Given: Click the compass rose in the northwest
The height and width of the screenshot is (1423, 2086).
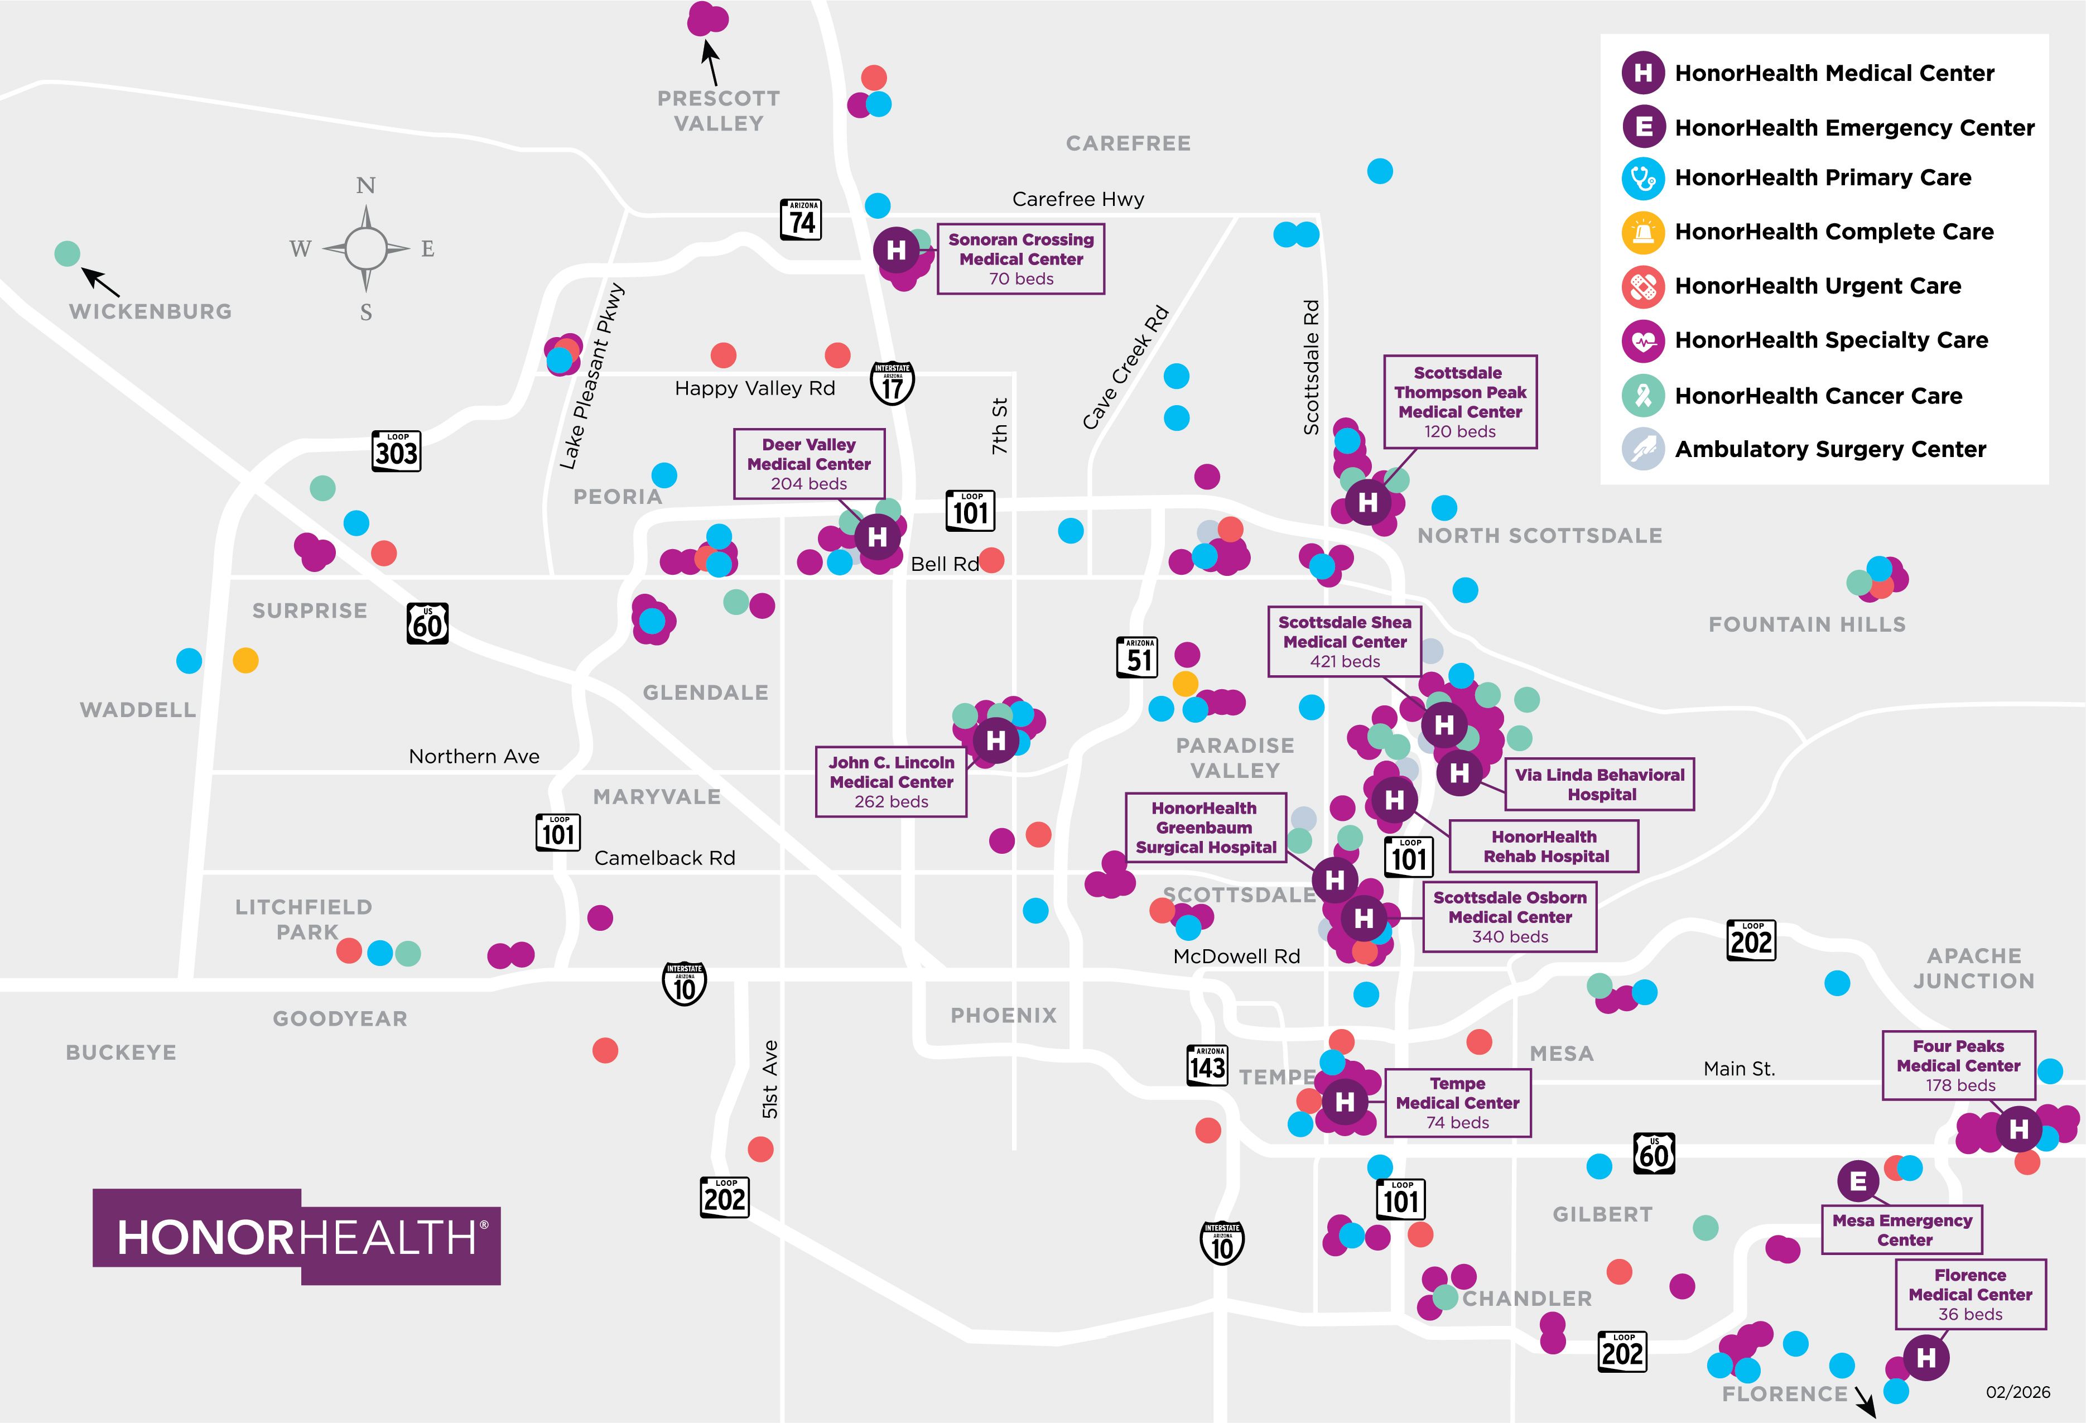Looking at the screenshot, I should point(365,248).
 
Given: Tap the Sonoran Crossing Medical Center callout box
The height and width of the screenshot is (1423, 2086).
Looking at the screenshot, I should point(1020,258).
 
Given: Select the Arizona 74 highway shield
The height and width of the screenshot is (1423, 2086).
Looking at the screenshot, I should point(802,220).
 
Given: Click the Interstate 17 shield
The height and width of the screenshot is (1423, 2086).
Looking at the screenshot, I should point(892,383).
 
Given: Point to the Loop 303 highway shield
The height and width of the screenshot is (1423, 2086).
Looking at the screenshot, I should point(396,451).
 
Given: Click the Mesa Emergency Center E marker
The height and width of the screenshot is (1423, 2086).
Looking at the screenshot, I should point(1858,1181).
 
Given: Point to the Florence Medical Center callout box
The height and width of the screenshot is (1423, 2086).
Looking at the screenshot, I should point(1970,1294).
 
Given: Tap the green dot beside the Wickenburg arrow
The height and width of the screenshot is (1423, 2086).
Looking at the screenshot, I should point(68,254).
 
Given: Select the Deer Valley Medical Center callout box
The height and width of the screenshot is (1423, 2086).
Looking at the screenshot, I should point(809,463).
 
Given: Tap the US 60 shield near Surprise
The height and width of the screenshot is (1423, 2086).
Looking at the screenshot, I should point(427,623).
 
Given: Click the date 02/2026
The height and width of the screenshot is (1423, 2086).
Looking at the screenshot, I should point(2018,1392).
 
